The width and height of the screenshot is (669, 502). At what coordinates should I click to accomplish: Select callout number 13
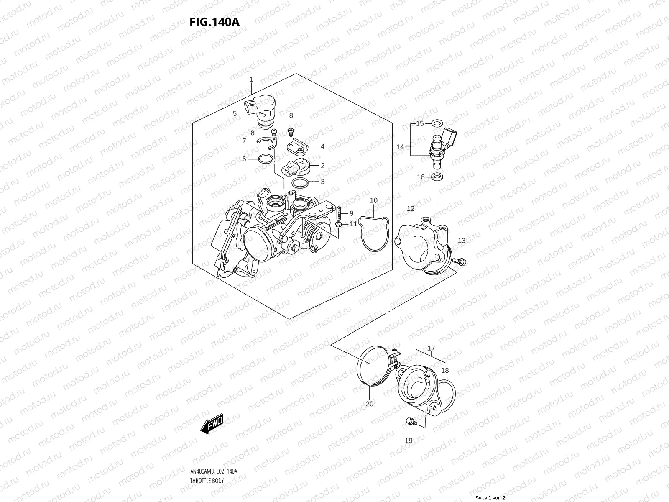462,241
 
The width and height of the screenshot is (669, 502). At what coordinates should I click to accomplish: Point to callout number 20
370,404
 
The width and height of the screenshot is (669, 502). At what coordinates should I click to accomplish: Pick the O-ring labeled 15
437,123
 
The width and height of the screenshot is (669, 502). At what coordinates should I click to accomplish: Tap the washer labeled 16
437,177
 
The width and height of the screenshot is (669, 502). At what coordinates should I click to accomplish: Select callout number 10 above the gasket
374,201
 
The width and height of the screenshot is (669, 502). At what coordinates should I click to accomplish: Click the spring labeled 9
339,213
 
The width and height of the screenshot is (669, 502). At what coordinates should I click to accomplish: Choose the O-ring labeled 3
299,182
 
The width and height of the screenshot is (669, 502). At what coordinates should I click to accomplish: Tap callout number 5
235,113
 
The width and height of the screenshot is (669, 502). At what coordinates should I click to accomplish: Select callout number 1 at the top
252,79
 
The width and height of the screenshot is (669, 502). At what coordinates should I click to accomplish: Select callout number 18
445,371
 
